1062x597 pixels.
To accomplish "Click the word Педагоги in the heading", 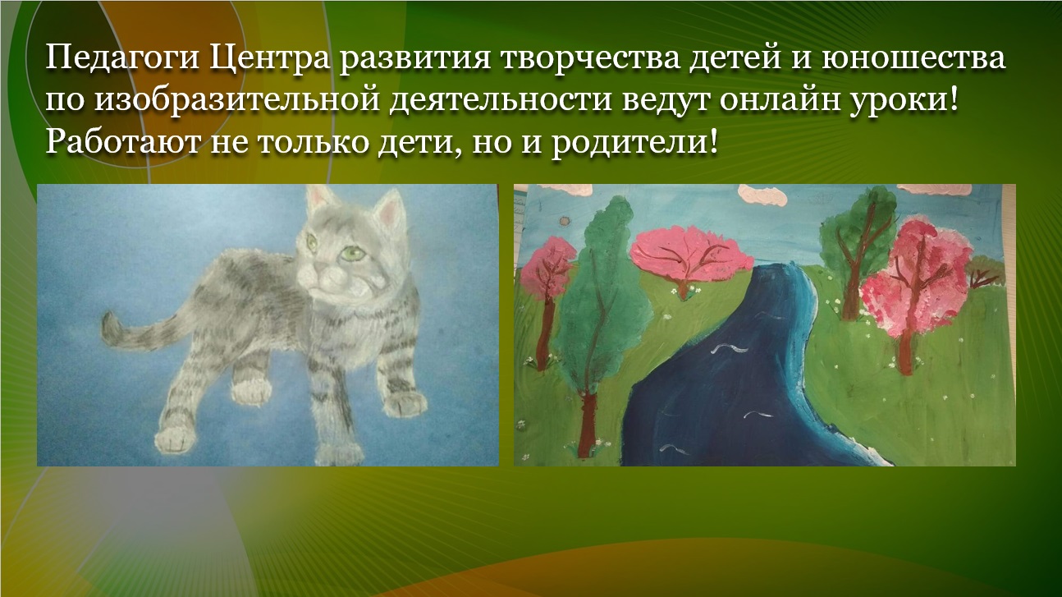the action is [121, 59].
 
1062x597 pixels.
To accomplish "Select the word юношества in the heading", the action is [913, 58].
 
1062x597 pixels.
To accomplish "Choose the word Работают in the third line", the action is [121, 142].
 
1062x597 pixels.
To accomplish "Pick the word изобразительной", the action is [236, 100].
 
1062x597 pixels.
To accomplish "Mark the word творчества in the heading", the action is [589, 58].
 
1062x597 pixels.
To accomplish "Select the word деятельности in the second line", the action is [500, 101].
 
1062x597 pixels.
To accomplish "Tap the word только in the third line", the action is [313, 142].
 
